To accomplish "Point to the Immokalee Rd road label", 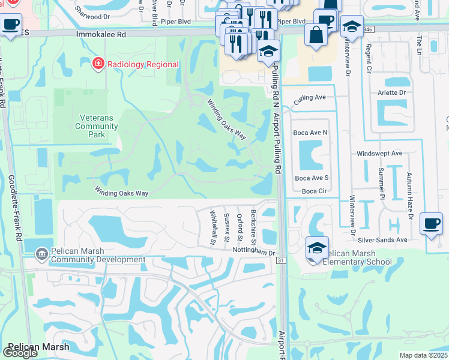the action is tap(101, 35).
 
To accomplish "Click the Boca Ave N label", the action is tap(310, 132).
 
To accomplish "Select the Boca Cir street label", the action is tap(313, 191).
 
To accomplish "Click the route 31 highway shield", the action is tap(280, 260).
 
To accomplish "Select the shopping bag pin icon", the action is tap(316, 34).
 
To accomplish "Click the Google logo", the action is tap(20, 353).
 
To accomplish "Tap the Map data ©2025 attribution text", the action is tap(423, 355).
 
